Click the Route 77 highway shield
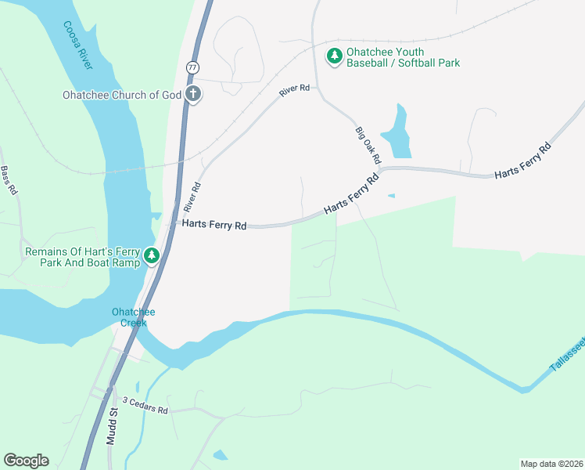tap(192, 68)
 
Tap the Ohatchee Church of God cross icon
tap(193, 96)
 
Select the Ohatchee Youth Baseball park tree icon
tap(335, 56)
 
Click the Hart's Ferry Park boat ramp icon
tap(152, 255)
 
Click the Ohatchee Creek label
tap(133, 317)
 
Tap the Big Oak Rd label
tap(368, 146)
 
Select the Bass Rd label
tap(9, 180)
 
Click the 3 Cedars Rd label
tap(145, 410)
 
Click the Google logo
tap(26, 461)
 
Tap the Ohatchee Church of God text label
tap(122, 96)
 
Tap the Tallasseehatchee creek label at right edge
tap(569, 356)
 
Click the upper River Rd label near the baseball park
tap(294, 90)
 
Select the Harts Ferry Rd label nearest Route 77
tap(214, 225)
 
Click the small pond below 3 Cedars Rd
tap(221, 455)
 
